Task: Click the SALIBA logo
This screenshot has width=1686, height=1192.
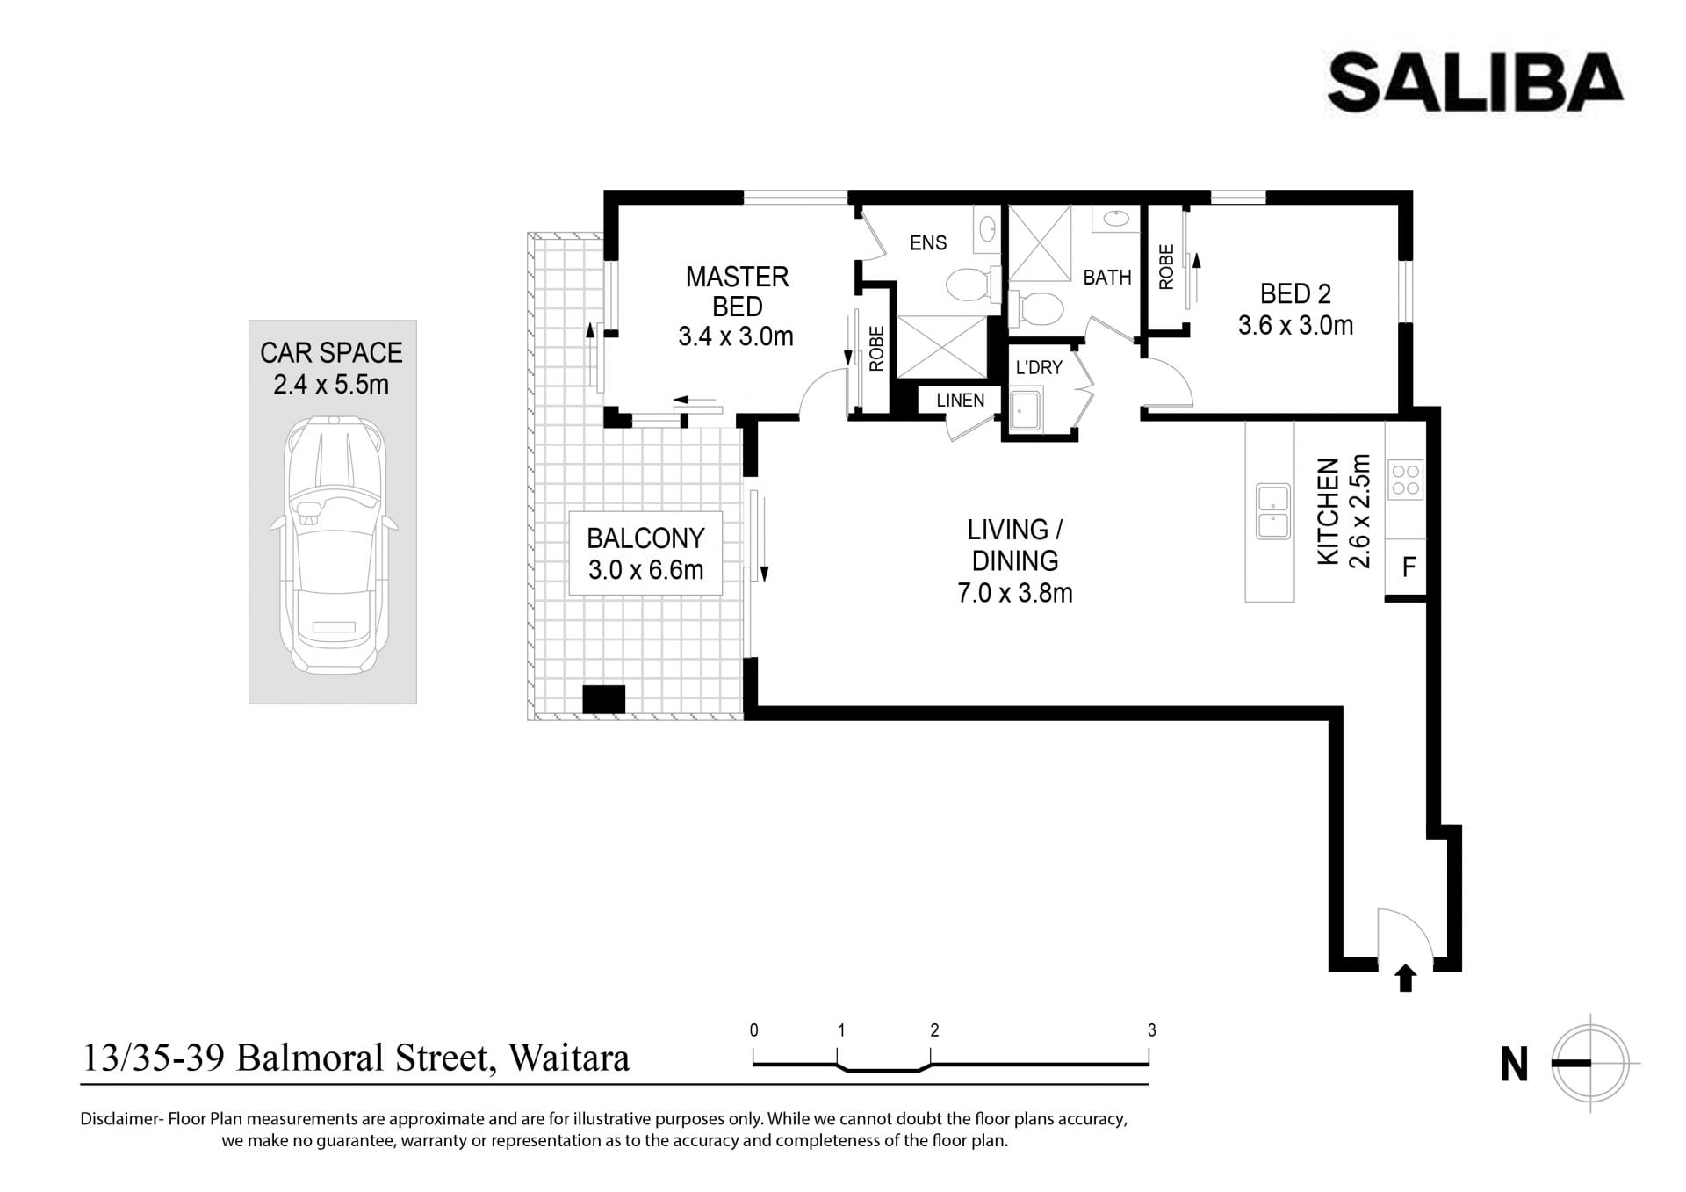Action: pyautogui.click(x=1474, y=83)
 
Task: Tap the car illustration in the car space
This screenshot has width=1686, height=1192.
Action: pyautogui.click(x=334, y=545)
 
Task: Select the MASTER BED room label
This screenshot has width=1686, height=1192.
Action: pyautogui.click(x=737, y=292)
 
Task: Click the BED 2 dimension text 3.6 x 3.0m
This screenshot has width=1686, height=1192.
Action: pyautogui.click(x=1295, y=326)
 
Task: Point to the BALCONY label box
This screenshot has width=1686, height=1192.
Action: pyautogui.click(x=645, y=553)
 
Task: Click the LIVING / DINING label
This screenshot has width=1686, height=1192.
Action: pyautogui.click(x=1014, y=545)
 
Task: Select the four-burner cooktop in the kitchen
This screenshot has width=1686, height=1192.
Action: pyautogui.click(x=1405, y=480)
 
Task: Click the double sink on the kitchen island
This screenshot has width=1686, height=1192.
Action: pyautogui.click(x=1272, y=510)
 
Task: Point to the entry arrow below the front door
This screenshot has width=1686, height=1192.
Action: pyautogui.click(x=1406, y=979)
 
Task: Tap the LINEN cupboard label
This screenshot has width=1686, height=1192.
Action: pyautogui.click(x=960, y=401)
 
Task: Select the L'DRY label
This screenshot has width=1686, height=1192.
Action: pyautogui.click(x=1039, y=367)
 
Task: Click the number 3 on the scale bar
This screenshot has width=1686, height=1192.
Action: pyautogui.click(x=1151, y=1030)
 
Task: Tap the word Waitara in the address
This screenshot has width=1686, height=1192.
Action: pyautogui.click(x=569, y=1058)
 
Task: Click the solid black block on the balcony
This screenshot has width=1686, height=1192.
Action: pyautogui.click(x=603, y=699)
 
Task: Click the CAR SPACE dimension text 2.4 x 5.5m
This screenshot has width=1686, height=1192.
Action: pyautogui.click(x=331, y=385)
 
